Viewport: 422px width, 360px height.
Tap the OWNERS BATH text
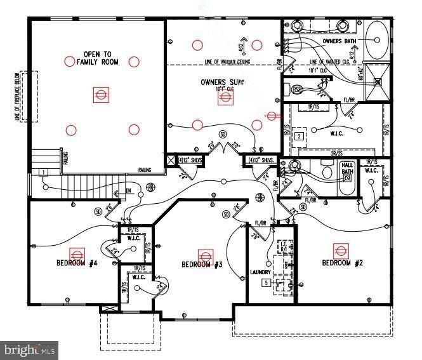pyautogui.click(x=341, y=41)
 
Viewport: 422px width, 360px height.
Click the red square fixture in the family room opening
pyautogui.click(x=100, y=95)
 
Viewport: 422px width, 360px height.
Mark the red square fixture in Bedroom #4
pyautogui.click(x=78, y=251)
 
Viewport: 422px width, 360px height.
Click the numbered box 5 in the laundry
pyautogui.click(x=267, y=282)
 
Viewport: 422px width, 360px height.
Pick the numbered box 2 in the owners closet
pyautogui.click(x=298, y=136)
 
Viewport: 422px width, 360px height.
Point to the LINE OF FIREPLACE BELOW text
pyautogui.click(x=18, y=97)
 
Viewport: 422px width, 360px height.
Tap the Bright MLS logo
pyautogui.click(x=30, y=349)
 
